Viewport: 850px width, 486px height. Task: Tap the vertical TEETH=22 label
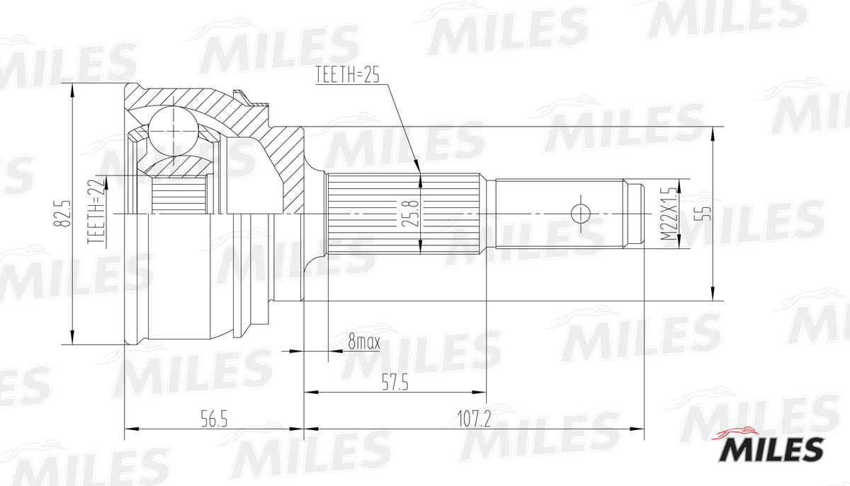95,212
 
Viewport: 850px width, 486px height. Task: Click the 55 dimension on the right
701,214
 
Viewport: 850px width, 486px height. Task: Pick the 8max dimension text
364,343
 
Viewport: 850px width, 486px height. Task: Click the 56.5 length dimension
213,420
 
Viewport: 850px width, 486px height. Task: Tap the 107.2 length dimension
474,420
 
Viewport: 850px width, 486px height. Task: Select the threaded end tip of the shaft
634,212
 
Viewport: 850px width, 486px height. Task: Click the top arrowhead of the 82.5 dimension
72,88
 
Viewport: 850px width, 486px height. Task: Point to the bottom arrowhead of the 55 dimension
713,296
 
